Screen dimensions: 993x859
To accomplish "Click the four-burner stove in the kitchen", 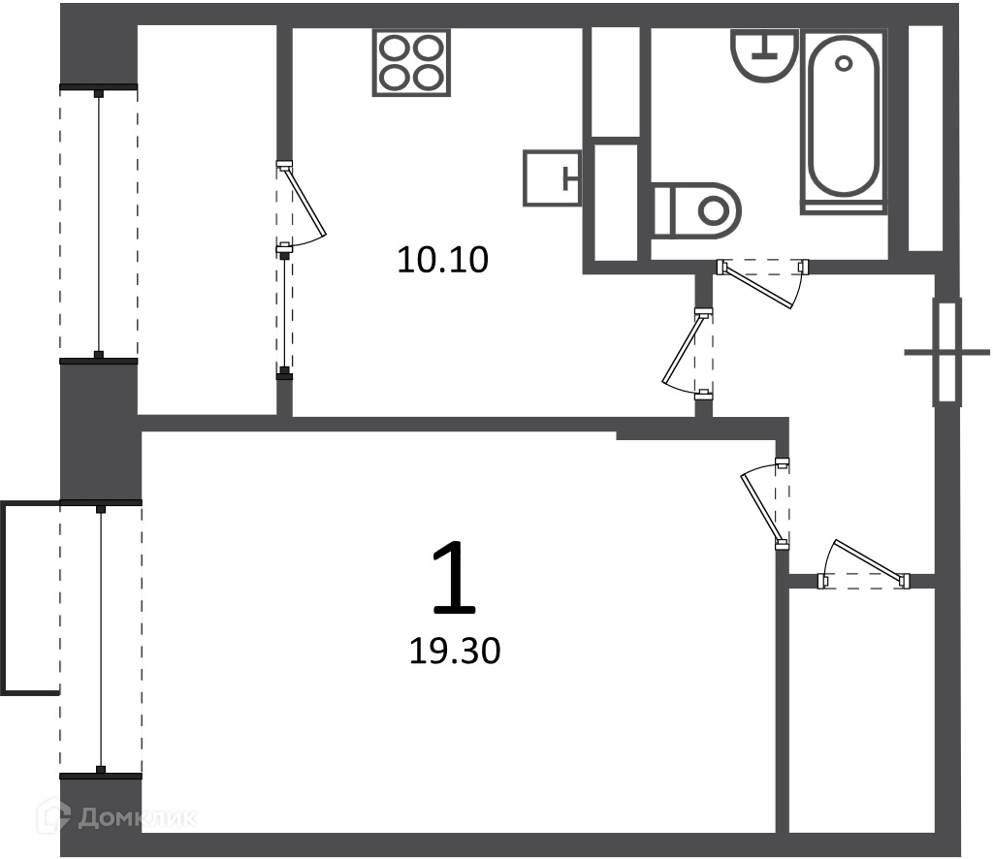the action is [x=411, y=62].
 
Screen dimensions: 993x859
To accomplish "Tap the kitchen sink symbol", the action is [x=552, y=177].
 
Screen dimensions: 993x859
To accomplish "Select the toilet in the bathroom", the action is [x=696, y=210].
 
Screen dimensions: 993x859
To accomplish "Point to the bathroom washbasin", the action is [x=764, y=55].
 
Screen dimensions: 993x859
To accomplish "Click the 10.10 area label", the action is [x=442, y=260].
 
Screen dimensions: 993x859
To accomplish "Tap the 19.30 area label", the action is [x=455, y=651].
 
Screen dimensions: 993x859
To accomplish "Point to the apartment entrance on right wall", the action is [x=946, y=352].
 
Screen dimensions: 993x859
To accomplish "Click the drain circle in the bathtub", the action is [x=844, y=63].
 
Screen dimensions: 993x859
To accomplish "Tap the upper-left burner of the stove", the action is [x=394, y=48].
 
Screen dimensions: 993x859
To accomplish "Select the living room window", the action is [x=100, y=638].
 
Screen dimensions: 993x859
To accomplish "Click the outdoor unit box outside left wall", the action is [x=30, y=597].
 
